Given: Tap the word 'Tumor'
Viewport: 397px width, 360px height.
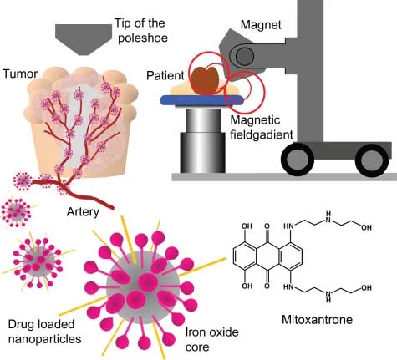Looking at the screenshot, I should point(22,74).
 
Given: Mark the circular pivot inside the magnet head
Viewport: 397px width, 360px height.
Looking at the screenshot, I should point(244,57).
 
